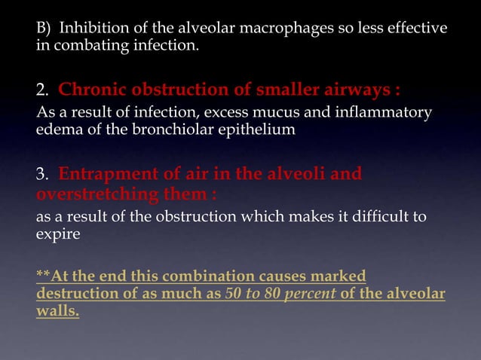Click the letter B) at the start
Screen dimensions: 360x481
coord(45,29)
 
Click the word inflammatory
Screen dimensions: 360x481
coord(381,113)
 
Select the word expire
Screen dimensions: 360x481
coord(57,233)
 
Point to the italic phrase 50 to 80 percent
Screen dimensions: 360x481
coord(280,292)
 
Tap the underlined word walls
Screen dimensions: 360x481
coord(57,309)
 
